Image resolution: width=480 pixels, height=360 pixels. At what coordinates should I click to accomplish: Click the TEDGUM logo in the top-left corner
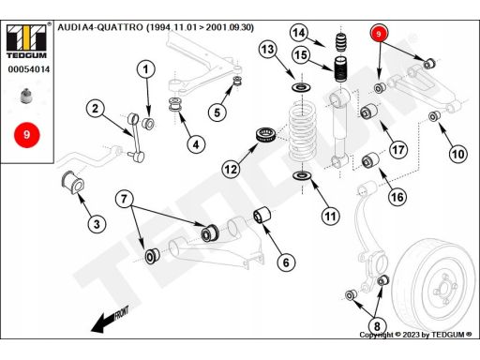27,41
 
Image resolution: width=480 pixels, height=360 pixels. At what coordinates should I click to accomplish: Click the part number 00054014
29,69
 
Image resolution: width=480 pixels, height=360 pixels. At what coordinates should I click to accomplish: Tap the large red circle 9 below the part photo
27,135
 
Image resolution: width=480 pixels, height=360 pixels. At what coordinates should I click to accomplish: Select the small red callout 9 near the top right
379,34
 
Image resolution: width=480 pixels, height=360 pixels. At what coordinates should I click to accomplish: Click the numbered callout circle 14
299,33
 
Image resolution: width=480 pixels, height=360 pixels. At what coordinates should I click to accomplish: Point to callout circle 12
231,170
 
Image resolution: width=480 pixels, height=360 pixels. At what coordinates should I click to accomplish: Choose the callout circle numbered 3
97,224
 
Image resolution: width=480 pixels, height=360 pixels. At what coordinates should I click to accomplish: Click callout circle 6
286,262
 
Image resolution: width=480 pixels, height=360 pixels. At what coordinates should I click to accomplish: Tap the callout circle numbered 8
377,326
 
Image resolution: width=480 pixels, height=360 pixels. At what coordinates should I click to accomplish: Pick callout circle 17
397,150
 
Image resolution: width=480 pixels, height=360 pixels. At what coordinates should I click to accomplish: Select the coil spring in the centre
302,133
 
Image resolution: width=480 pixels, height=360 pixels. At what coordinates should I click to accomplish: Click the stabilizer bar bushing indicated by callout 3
73,183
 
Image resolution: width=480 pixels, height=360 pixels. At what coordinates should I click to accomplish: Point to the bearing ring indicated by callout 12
266,134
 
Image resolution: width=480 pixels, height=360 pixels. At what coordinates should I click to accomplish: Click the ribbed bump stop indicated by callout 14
341,42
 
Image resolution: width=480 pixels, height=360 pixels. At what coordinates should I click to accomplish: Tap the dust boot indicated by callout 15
340,69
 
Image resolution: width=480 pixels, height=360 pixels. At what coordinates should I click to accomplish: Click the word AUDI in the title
69,27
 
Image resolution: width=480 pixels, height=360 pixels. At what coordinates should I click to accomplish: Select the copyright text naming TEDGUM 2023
415,335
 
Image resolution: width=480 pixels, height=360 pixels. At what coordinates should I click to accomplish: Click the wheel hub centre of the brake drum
444,289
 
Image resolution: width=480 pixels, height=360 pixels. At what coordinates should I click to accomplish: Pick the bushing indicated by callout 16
370,160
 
